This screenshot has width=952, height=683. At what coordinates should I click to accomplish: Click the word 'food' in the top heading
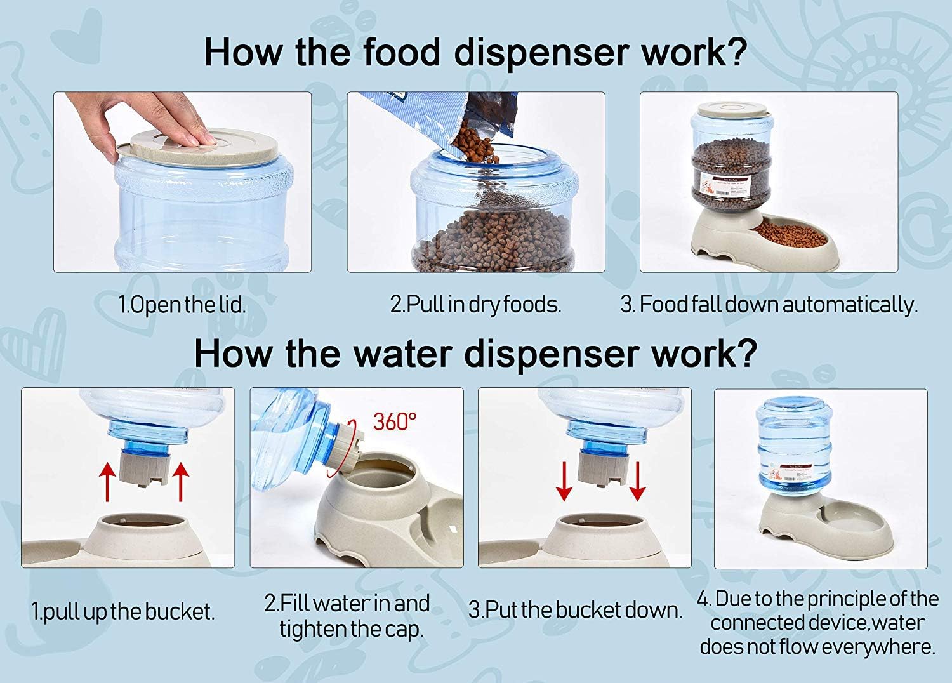tap(401, 51)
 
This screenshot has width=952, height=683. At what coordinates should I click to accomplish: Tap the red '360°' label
tap(395, 421)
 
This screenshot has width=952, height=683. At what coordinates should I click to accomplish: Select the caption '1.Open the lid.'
tap(182, 304)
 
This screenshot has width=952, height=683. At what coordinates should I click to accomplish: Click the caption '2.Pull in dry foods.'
tap(475, 304)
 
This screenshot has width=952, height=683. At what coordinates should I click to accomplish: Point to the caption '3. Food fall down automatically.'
tap(769, 304)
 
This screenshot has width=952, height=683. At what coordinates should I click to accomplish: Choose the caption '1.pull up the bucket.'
tap(123, 611)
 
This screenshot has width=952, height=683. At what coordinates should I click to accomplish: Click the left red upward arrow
tap(107, 482)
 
